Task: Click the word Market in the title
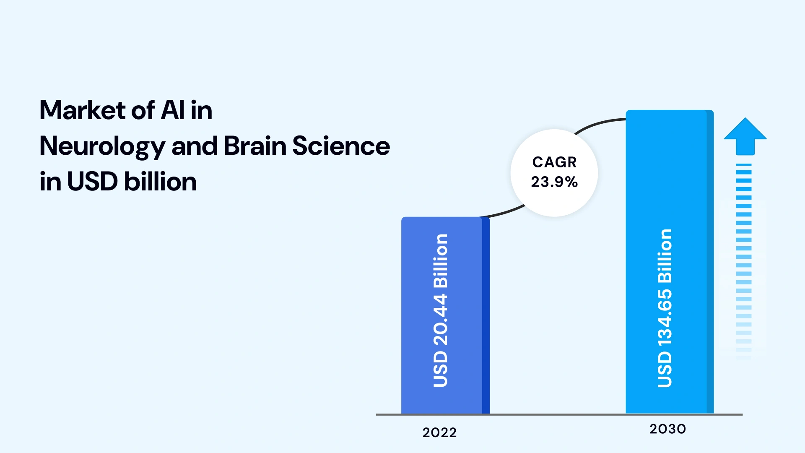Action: (82, 110)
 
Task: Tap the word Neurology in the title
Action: (102, 146)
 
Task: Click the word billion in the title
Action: (161, 182)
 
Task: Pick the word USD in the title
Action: (92, 182)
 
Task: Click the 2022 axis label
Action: (439, 432)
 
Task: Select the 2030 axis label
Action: (667, 429)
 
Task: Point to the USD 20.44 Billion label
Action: (440, 310)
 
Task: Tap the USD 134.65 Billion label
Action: (665, 308)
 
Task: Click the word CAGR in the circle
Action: (554, 162)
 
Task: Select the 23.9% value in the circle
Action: (554, 182)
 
